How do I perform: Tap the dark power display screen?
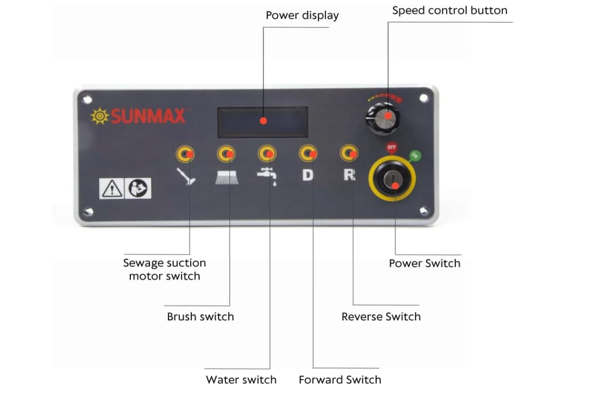(263, 121)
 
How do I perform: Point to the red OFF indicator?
(392, 147)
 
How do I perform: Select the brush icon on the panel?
(226, 177)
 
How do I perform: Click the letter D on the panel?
(308, 174)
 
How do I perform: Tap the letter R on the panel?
(349, 174)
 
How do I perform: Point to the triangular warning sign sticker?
(112, 188)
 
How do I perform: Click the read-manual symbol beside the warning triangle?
(138, 188)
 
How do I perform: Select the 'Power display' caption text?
(302, 15)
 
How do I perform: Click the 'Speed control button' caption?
(449, 11)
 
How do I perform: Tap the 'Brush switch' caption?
(200, 317)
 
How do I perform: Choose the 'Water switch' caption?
(241, 380)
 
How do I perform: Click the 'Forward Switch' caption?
(340, 380)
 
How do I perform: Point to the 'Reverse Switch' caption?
(381, 317)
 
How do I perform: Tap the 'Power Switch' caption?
(424, 263)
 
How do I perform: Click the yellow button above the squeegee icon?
(185, 154)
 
